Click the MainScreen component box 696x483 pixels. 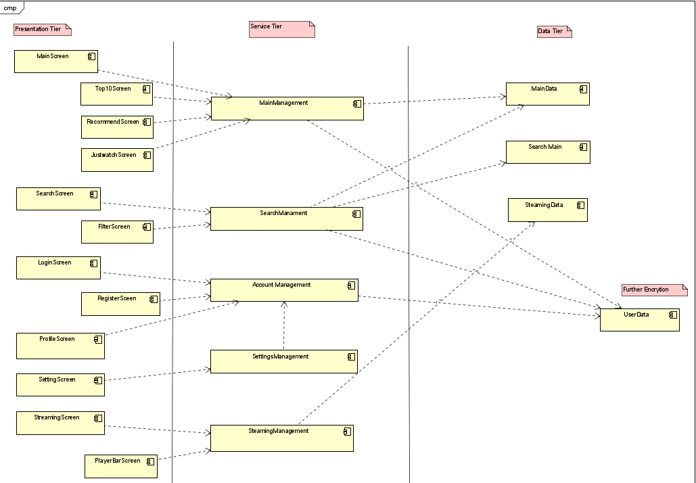coord(56,61)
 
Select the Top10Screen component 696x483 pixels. coord(116,94)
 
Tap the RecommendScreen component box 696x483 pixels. coord(117,127)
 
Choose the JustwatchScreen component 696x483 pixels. coord(117,160)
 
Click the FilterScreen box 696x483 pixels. coord(117,231)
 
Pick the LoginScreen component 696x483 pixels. coord(58,268)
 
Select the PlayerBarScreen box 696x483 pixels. coord(121,466)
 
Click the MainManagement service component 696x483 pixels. coord(287,108)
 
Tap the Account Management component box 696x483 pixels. coord(284,290)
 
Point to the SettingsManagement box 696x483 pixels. coord(283,361)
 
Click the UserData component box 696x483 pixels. coord(639,319)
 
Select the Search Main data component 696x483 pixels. coord(548,152)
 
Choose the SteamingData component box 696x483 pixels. coord(547,210)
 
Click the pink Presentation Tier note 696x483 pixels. coord(42,30)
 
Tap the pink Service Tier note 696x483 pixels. coord(281,29)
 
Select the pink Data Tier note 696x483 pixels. coord(553,31)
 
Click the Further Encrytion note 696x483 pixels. coord(654,290)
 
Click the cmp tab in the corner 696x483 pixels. coord(11,7)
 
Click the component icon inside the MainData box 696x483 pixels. coord(582,89)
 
